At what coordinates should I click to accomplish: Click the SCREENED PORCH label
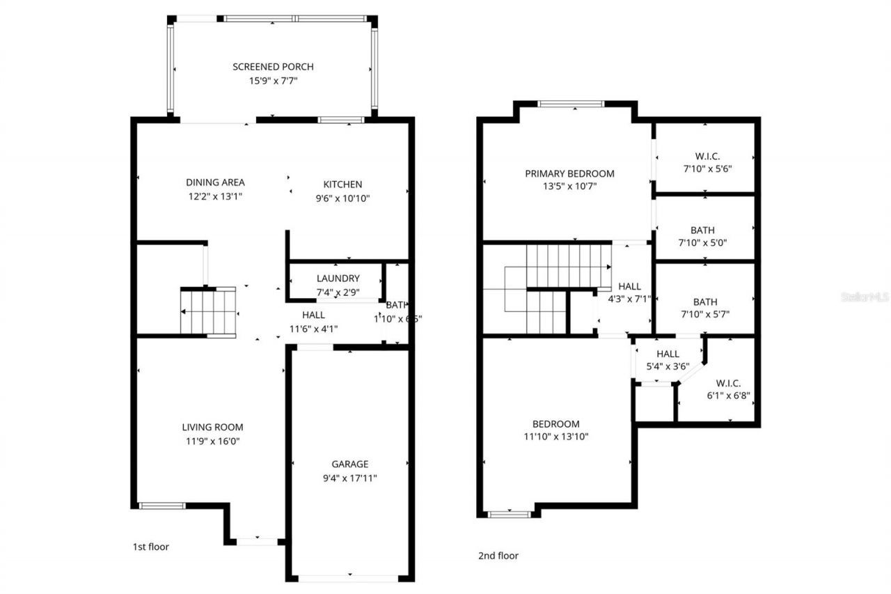point(273,67)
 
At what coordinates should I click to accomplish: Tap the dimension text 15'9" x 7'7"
point(273,81)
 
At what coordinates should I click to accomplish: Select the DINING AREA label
point(215,182)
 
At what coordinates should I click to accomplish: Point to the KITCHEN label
point(342,185)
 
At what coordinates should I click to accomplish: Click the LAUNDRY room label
point(338,279)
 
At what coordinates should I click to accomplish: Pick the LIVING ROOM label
point(213,427)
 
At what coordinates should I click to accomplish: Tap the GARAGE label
point(349,464)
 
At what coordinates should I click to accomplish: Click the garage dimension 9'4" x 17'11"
point(349,478)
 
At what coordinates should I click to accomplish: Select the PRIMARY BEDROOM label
point(569,173)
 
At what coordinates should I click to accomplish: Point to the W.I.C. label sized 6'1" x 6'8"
point(728,383)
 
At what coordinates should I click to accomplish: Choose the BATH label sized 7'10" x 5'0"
point(702,230)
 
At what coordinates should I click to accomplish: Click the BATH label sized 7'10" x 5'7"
point(705,302)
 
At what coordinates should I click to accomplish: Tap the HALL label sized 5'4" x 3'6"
point(668,354)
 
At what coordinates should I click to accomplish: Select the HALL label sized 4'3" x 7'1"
point(629,286)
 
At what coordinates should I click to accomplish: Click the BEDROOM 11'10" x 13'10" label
point(555,423)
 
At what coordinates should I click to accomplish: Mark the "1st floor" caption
point(150,547)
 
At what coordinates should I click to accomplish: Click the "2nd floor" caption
point(498,556)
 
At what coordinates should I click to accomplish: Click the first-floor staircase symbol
point(208,311)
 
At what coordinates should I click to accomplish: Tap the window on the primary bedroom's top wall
point(571,104)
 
